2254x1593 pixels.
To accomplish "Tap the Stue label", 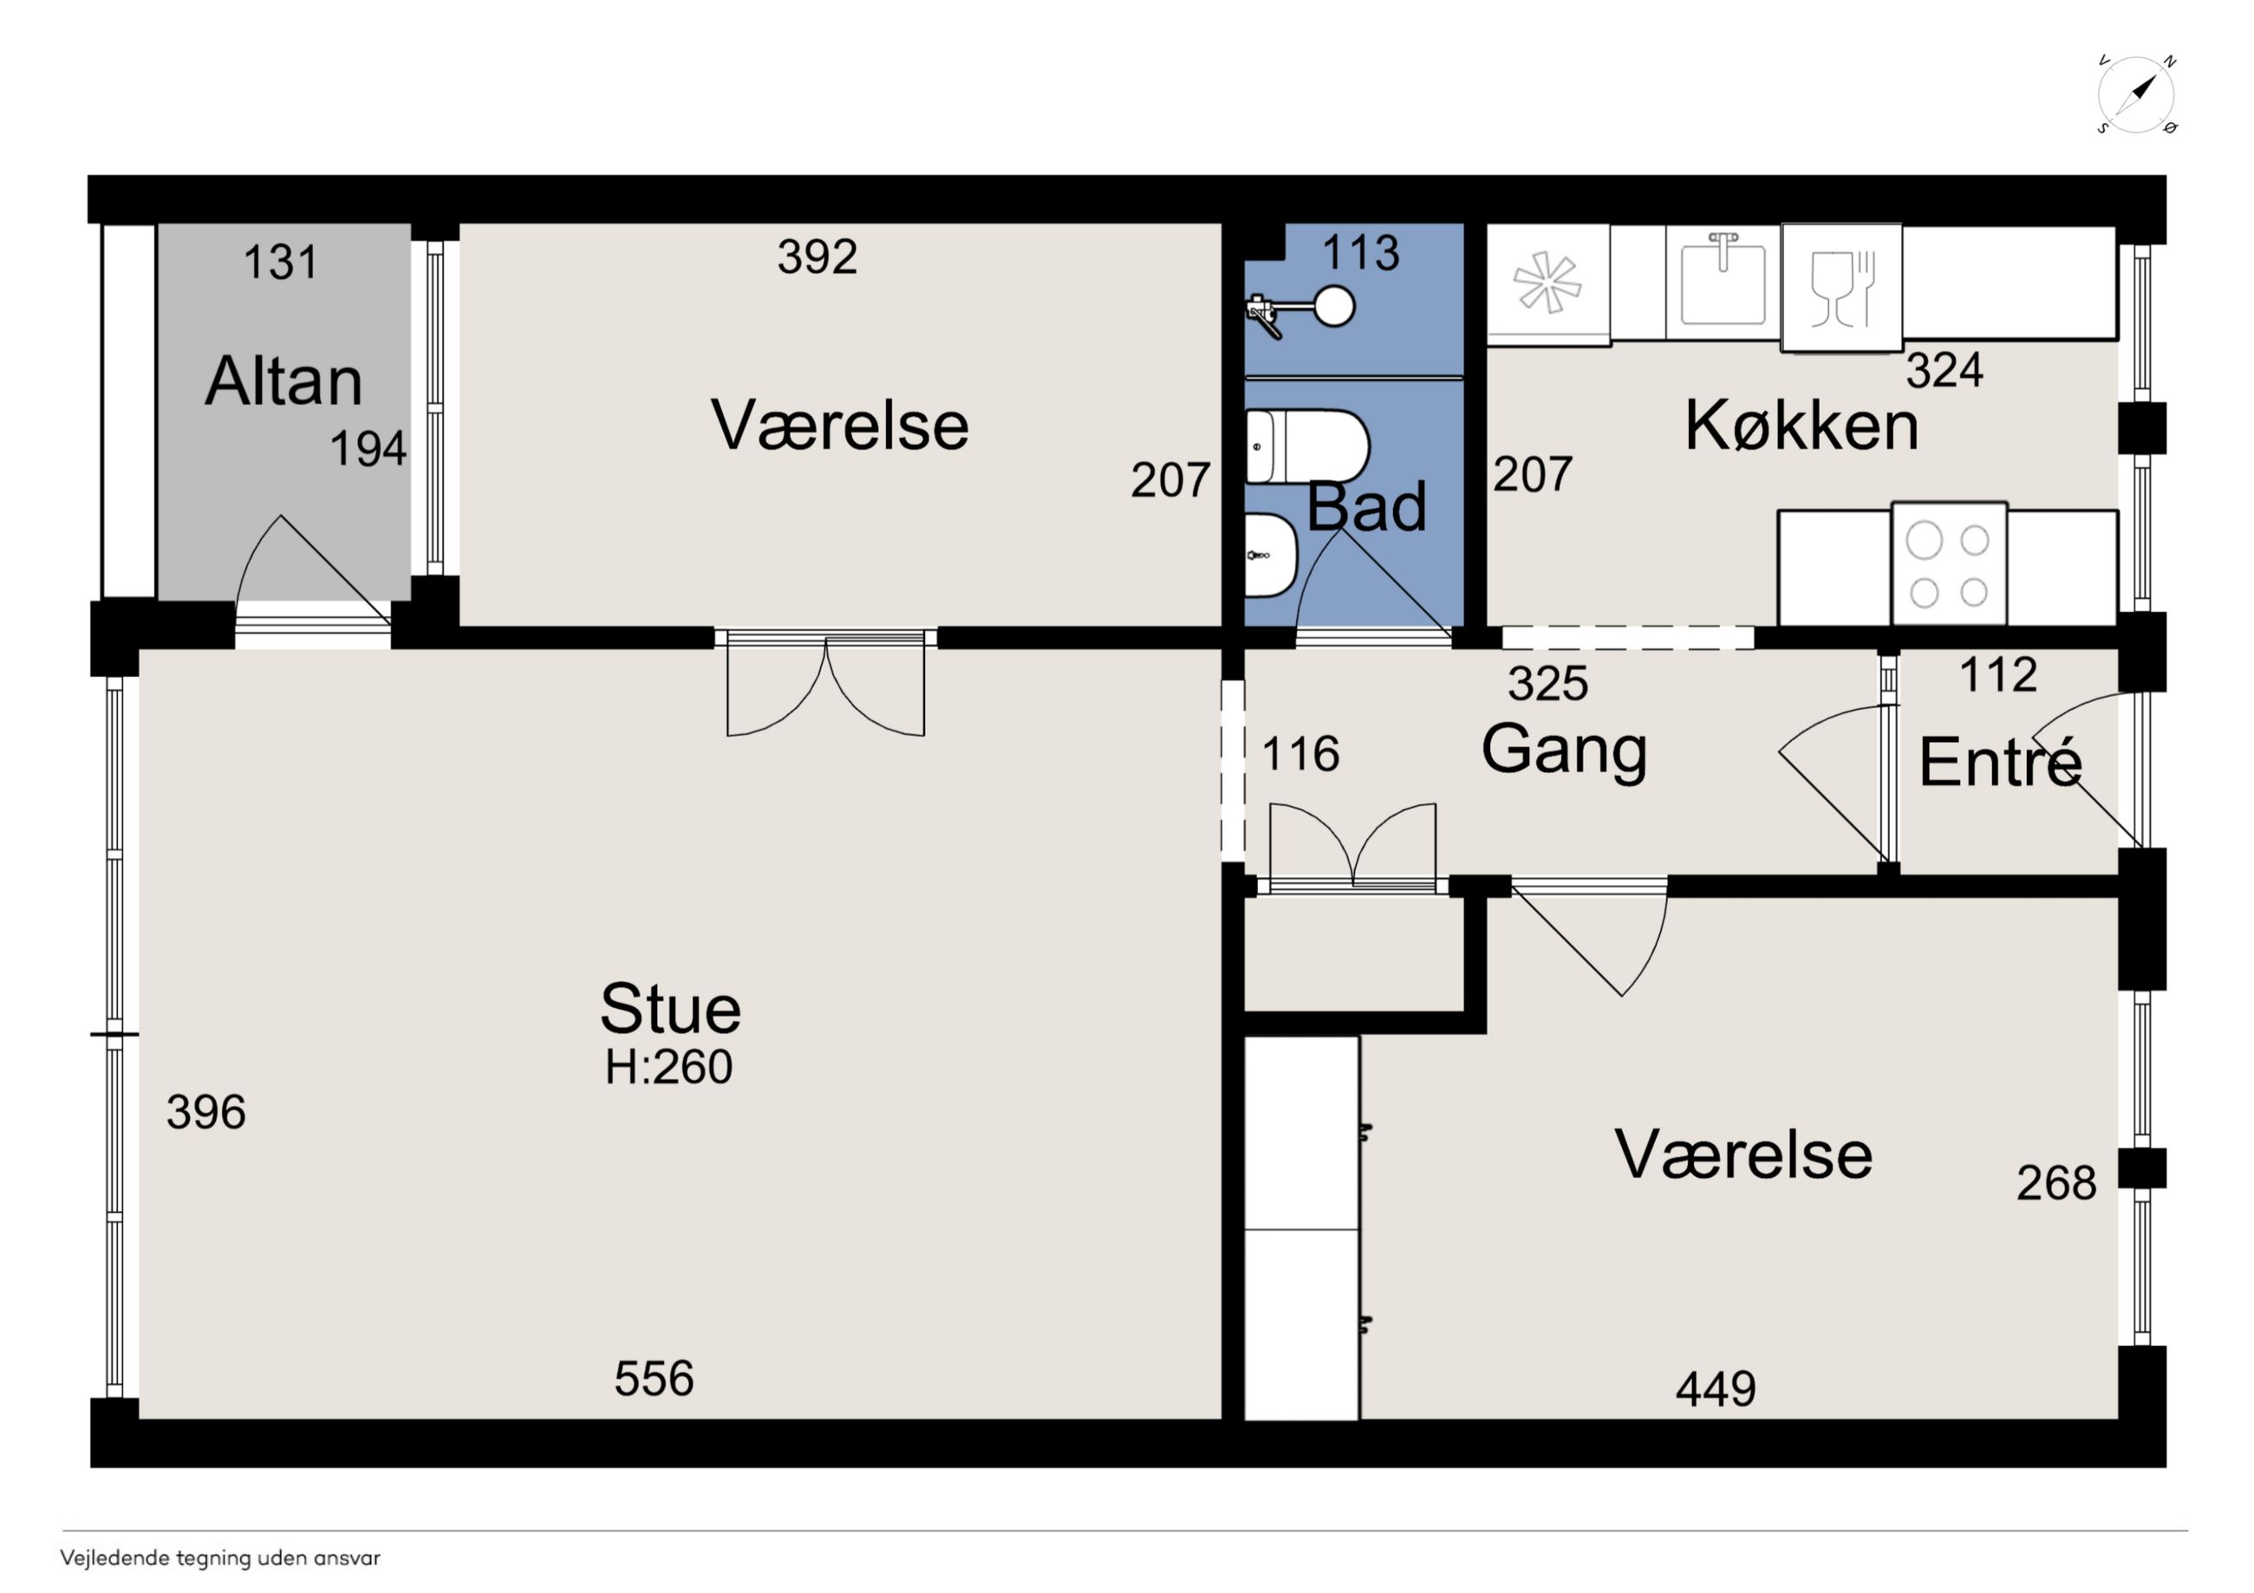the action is tap(670, 1008).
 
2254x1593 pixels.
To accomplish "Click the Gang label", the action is tap(1564, 751).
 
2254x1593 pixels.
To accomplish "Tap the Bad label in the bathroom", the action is tap(1366, 506).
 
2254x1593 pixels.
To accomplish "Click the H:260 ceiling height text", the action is tap(668, 1067).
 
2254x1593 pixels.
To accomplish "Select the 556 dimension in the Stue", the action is tap(654, 1379).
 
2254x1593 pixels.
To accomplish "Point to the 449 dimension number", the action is tap(1715, 1388).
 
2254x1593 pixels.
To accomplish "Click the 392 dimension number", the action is tap(817, 257).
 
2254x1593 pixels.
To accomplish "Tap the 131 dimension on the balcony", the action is tap(281, 262).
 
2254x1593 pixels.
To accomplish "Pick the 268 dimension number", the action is tap(2056, 1183).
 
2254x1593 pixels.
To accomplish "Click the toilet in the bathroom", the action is tap(1307, 447).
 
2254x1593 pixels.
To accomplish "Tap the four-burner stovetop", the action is tap(1949, 564).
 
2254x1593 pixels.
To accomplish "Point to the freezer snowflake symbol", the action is tap(1547, 283).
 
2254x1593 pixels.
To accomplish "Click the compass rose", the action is tap(2136, 96).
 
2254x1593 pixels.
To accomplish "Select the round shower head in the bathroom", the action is tap(1334, 305).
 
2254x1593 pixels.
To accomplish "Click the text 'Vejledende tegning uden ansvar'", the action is tap(220, 1557).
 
